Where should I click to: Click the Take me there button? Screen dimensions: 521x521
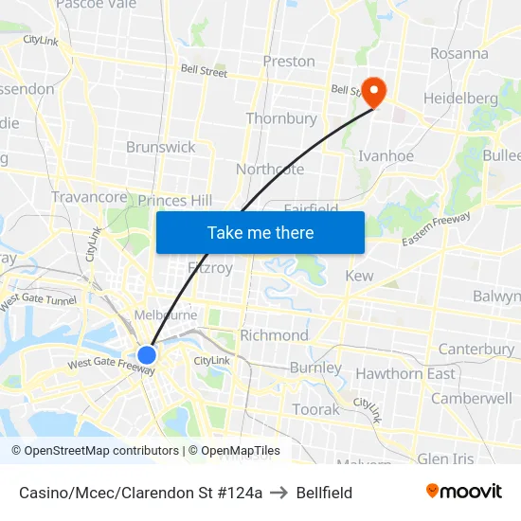pos(260,232)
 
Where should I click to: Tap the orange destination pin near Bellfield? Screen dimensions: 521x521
pos(374,90)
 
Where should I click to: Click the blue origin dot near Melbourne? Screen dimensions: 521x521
pos(147,355)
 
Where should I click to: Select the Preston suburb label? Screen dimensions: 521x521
pos(289,62)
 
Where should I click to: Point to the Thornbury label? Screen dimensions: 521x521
pos(281,118)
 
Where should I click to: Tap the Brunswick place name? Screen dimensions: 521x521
pos(161,147)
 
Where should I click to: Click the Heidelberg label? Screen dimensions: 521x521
pos(460,98)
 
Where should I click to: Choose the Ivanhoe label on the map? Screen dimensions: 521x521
pos(386,155)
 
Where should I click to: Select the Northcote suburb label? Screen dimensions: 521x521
pos(270,170)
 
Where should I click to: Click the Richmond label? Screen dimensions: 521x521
pos(275,335)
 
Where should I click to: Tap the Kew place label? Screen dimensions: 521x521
pos(359,276)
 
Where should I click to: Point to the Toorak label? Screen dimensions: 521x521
pos(315,409)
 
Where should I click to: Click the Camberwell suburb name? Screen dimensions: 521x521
pos(471,398)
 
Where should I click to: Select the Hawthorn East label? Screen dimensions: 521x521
pos(405,373)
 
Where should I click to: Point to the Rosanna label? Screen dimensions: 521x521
pos(459,53)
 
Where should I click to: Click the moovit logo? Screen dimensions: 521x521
pos(464,492)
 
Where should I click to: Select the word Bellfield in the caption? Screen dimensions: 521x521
pos(324,493)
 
